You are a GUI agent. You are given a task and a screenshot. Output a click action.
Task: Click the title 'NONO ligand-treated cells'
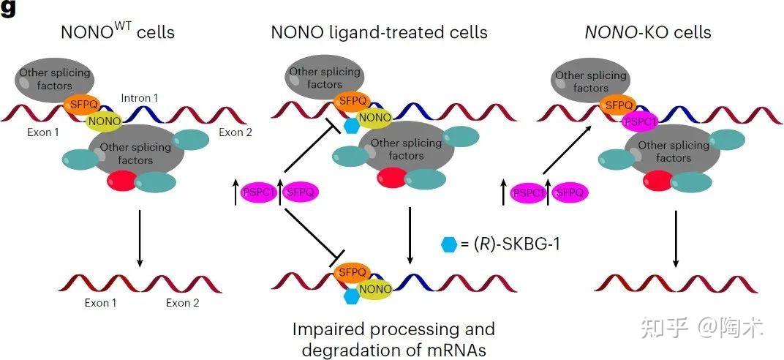[379, 32]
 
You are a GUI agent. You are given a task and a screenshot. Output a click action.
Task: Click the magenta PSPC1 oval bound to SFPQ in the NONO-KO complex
[640, 121]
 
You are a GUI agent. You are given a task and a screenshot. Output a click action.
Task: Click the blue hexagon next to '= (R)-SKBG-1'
[450, 244]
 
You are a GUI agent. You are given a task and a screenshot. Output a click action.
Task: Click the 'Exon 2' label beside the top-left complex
[235, 132]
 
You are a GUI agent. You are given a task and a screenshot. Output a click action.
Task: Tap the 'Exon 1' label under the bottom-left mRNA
[99, 302]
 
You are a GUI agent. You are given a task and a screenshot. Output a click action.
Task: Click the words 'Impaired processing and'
[393, 329]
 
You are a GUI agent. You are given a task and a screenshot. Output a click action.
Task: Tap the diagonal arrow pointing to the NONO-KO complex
[570, 151]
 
